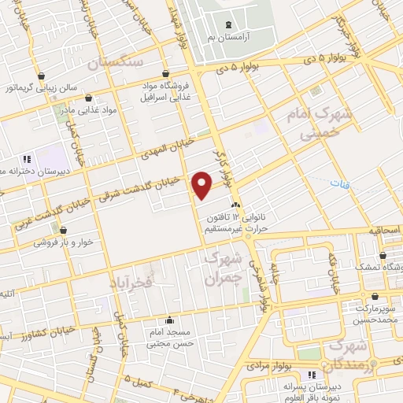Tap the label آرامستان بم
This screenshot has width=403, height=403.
click(228, 38)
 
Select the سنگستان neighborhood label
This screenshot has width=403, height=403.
click(116, 62)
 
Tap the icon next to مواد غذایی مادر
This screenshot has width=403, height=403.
click(87, 98)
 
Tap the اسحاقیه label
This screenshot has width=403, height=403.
click(384, 231)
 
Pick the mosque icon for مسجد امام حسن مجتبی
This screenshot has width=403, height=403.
click(169, 320)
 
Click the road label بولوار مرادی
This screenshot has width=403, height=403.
click(268, 366)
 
